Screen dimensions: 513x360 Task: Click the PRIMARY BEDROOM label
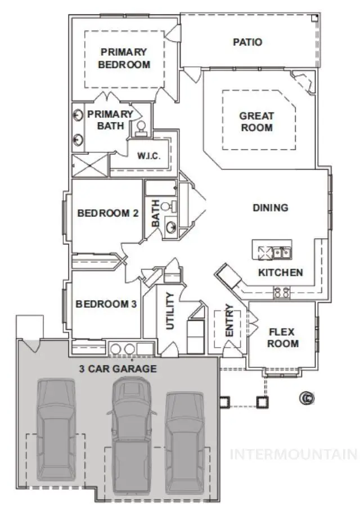(x=124, y=58)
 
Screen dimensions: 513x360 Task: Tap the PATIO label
(x=247, y=42)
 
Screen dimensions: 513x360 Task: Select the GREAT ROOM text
(x=256, y=121)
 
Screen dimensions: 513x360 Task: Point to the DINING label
(x=270, y=208)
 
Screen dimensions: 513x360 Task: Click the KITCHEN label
(x=280, y=273)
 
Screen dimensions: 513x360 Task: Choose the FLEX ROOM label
(x=282, y=337)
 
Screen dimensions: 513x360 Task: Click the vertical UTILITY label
(x=169, y=310)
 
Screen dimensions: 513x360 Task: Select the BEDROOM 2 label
(x=108, y=213)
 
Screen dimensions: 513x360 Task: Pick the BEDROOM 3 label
(x=106, y=304)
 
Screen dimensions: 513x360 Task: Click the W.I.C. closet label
(x=149, y=156)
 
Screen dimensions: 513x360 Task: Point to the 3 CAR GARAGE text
(x=118, y=369)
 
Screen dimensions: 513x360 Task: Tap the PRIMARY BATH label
(x=110, y=119)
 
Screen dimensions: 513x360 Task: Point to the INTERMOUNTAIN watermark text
(x=294, y=454)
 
